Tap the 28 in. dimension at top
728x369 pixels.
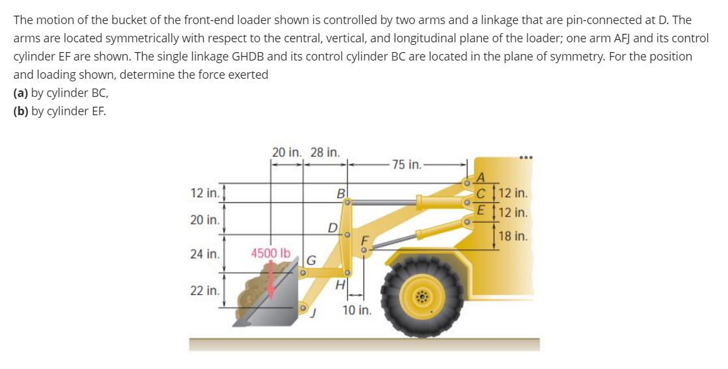pos(324,152)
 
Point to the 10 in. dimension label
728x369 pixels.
pos(357,310)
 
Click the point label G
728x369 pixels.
pos(311,261)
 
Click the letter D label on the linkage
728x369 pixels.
pos(333,228)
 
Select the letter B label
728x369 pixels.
pos(341,193)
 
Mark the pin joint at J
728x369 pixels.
pos(303,307)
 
